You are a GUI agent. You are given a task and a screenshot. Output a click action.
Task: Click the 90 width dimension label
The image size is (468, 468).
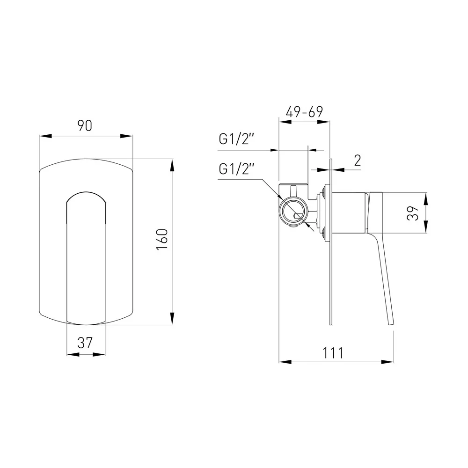tap(85, 125)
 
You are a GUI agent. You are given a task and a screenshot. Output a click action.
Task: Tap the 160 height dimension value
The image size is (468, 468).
tap(162, 240)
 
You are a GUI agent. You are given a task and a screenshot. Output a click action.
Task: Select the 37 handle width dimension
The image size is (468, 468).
tap(85, 343)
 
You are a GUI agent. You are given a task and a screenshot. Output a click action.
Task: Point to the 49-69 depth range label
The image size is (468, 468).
tap(304, 112)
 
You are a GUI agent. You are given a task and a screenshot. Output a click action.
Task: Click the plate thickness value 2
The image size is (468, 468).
tap(357, 161)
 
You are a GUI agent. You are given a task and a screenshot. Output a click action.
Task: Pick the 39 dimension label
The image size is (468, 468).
tap(413, 213)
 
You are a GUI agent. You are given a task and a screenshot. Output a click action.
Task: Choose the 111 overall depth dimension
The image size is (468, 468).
tap(333, 353)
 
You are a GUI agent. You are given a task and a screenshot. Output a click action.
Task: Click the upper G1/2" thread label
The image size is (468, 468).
tap(236, 139)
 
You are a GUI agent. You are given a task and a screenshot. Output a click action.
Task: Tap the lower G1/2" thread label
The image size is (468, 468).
tap(236, 169)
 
